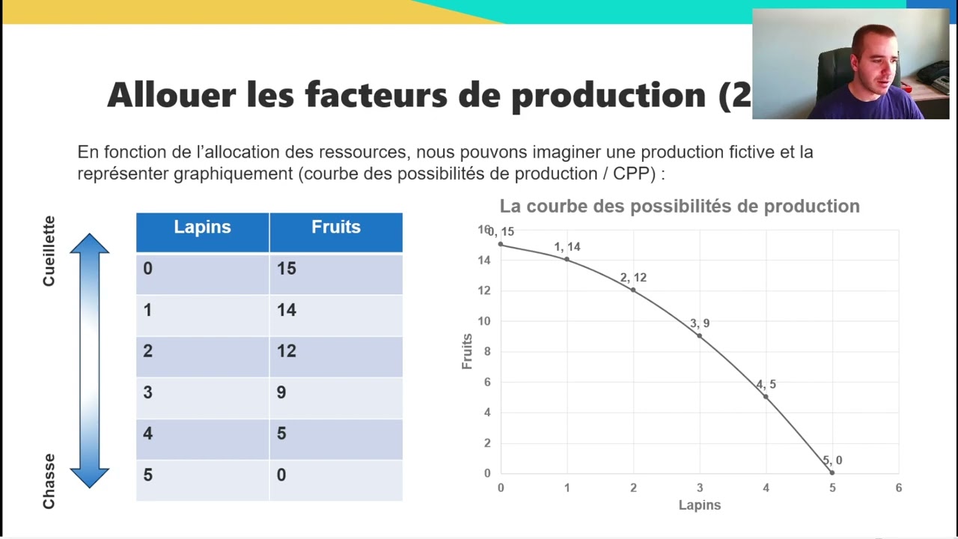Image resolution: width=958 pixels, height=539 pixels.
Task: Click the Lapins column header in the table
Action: click(x=202, y=228)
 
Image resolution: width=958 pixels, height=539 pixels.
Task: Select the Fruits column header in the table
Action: click(x=336, y=228)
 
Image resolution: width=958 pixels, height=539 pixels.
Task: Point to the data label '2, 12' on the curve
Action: click(x=633, y=278)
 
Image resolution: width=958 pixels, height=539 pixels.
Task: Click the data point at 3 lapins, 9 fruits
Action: click(x=700, y=336)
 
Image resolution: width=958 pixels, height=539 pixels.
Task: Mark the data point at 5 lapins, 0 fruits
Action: click(x=832, y=472)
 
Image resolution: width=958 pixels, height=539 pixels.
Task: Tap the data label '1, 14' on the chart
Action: click(x=567, y=247)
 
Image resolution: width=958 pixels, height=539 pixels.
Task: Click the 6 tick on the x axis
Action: click(x=898, y=488)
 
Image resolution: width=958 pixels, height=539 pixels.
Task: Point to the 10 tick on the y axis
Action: click(x=484, y=321)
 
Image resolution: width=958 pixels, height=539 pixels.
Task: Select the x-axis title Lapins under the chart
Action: click(x=700, y=505)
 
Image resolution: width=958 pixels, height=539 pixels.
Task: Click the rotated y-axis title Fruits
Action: click(x=467, y=351)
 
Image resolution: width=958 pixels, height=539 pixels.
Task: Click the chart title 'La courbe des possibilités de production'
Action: click(x=680, y=207)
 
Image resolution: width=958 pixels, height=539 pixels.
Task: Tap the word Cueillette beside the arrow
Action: click(x=49, y=251)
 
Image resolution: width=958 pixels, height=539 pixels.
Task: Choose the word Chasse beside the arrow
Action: click(x=49, y=481)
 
